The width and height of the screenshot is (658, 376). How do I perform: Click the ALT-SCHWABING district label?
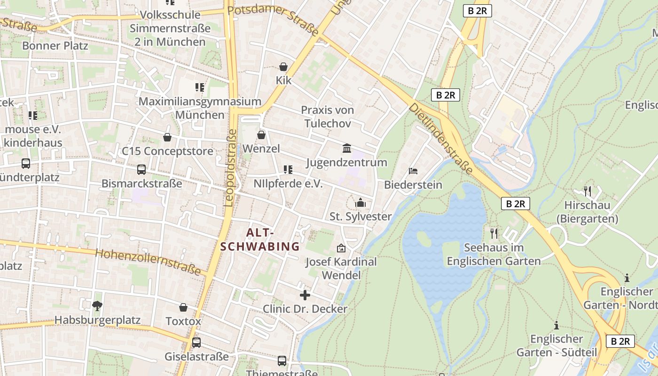point(260,239)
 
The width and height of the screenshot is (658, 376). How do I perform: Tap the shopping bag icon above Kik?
point(283,67)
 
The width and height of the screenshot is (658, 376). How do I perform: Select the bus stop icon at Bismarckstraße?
point(141,170)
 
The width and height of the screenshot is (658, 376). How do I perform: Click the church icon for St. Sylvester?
point(360,203)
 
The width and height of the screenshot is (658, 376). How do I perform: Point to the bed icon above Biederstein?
point(413,171)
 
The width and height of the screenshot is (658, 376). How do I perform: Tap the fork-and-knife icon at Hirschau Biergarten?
point(587,191)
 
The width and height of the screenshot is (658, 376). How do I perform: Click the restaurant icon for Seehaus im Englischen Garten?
point(493,233)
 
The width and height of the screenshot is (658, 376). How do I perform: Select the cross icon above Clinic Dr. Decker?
point(305,295)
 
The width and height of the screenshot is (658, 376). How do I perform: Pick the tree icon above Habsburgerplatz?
point(97,306)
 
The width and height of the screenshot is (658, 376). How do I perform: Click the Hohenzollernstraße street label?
point(148,262)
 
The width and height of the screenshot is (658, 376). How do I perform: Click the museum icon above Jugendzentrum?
point(347,149)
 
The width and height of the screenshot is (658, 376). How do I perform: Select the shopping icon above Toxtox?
point(183,307)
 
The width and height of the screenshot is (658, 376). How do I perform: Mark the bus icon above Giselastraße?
point(196,342)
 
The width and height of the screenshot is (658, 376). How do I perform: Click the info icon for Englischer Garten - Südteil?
point(556,325)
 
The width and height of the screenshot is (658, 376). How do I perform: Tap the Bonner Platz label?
point(55,46)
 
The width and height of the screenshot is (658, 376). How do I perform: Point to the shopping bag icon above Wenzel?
point(261,135)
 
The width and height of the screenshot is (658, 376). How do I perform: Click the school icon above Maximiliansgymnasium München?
point(200,87)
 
